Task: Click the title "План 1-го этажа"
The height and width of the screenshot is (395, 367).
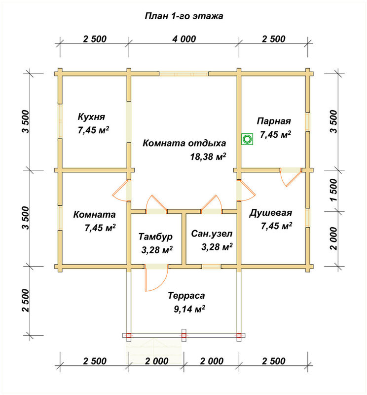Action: coord(184,16)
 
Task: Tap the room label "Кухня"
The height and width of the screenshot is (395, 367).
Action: coord(91,117)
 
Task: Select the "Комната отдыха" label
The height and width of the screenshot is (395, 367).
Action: coord(184,143)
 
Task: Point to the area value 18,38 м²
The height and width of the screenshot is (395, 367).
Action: coord(208,157)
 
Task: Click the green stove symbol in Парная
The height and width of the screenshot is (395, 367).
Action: coord(247,139)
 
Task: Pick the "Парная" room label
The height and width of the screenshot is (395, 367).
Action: coord(274,121)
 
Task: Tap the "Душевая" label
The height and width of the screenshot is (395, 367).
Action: coord(271,213)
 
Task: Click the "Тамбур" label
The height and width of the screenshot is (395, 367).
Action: coord(155,237)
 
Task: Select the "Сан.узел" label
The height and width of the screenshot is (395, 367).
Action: coord(212,234)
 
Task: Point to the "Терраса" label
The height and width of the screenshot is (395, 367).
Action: coord(186,295)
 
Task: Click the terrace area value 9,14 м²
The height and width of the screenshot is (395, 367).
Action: coord(189,309)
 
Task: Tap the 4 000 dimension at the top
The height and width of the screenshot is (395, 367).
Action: coord(184,39)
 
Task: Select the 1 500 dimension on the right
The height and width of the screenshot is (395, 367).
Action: coord(333,190)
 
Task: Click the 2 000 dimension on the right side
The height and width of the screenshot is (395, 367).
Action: coord(333,238)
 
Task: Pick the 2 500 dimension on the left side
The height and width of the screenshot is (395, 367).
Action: coord(26,300)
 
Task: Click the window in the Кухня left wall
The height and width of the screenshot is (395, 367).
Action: coord(60,121)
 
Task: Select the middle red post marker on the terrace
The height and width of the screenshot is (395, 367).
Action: coord(184,335)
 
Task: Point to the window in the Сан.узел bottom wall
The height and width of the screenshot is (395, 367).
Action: coord(211,266)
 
